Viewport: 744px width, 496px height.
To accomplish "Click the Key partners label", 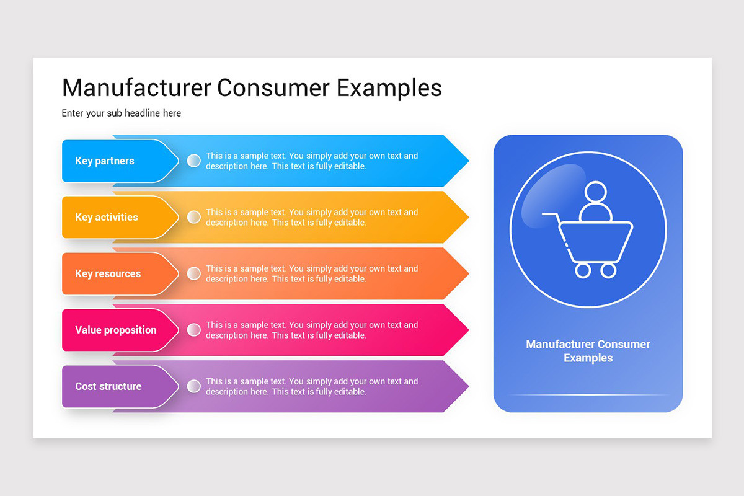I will pyautogui.click(x=105, y=161).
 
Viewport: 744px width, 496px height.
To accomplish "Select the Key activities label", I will pyautogui.click(x=107, y=217).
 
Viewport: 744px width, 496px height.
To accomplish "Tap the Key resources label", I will pyautogui.click(x=108, y=273).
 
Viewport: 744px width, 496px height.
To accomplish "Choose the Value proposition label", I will pyautogui.click(x=116, y=330).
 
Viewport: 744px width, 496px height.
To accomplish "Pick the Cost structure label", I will pyautogui.click(x=108, y=386).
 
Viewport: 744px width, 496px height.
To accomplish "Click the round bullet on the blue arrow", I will pyautogui.click(x=194, y=161).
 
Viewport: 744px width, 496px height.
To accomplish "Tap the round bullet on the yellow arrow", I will pyautogui.click(x=194, y=217).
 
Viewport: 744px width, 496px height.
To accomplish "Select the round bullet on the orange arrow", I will pyautogui.click(x=194, y=273).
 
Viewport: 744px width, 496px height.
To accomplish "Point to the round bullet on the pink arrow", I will pyautogui.click(x=194, y=330).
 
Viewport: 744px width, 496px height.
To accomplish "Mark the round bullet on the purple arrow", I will pyautogui.click(x=194, y=386).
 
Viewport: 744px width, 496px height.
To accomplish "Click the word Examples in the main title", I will pyautogui.click(x=389, y=87).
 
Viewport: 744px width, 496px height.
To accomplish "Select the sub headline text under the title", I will pyautogui.click(x=122, y=113).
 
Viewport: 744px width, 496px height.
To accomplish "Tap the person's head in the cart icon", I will pyautogui.click(x=595, y=192).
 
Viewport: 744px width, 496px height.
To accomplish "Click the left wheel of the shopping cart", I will pyautogui.click(x=583, y=270).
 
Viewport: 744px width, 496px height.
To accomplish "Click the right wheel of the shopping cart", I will pyautogui.click(x=609, y=270).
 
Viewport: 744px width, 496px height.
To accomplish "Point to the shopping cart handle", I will pyautogui.click(x=549, y=215).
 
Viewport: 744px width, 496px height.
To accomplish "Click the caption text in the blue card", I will pyautogui.click(x=588, y=351).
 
